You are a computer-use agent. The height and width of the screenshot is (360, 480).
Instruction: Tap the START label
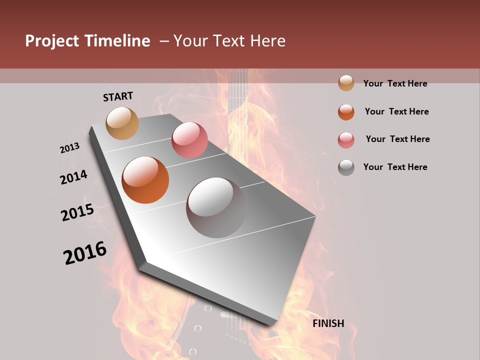(x=118, y=96)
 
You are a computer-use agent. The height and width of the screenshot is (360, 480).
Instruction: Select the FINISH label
(x=328, y=323)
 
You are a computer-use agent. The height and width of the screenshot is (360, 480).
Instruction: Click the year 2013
(x=69, y=148)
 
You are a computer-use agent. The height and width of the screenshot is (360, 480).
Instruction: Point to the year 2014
(x=73, y=177)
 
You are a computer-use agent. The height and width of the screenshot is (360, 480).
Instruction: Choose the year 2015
(x=77, y=212)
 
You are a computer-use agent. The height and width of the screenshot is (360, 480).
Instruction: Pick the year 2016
(x=85, y=252)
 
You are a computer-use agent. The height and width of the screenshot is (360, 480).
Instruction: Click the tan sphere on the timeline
(x=122, y=123)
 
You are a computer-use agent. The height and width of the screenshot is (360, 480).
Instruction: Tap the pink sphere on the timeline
(x=189, y=140)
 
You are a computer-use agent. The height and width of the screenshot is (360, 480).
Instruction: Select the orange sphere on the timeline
(x=145, y=180)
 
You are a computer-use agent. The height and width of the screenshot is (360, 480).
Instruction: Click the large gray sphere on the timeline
(x=216, y=207)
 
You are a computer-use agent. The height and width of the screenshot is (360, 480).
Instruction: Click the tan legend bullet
(x=346, y=83)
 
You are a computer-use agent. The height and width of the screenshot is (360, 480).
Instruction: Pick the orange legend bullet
(x=346, y=112)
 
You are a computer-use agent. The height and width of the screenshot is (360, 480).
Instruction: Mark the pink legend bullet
(x=346, y=140)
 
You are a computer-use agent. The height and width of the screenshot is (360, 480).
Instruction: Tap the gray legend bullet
(x=346, y=167)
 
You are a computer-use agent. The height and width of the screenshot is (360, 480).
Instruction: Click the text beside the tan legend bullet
(x=395, y=83)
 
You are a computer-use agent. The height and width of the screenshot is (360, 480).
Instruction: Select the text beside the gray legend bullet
(x=395, y=167)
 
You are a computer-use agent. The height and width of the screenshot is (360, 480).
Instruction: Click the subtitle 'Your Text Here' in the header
(x=229, y=41)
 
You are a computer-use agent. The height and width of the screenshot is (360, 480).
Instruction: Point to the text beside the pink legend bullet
(x=397, y=139)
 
